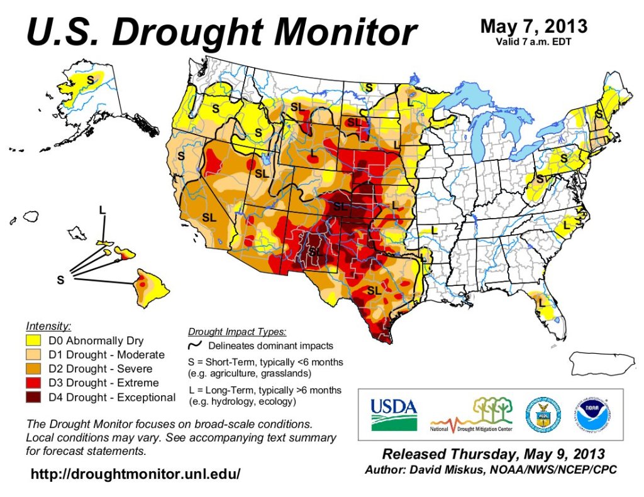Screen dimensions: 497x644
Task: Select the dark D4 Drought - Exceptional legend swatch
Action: tap(36, 397)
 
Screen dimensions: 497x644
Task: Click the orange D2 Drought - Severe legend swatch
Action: tap(36, 369)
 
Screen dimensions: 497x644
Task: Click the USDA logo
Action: tap(394, 414)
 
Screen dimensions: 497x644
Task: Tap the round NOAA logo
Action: tap(589, 415)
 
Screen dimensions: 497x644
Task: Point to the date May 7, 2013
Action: tap(534, 26)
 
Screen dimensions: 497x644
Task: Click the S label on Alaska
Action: tap(90, 80)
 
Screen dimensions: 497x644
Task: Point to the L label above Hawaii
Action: tap(102, 209)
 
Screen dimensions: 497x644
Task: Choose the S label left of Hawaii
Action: tap(60, 280)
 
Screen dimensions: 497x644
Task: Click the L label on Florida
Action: tap(540, 305)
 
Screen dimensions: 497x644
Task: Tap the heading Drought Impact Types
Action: tap(237, 332)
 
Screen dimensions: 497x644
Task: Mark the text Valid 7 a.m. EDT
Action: tap(534, 42)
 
